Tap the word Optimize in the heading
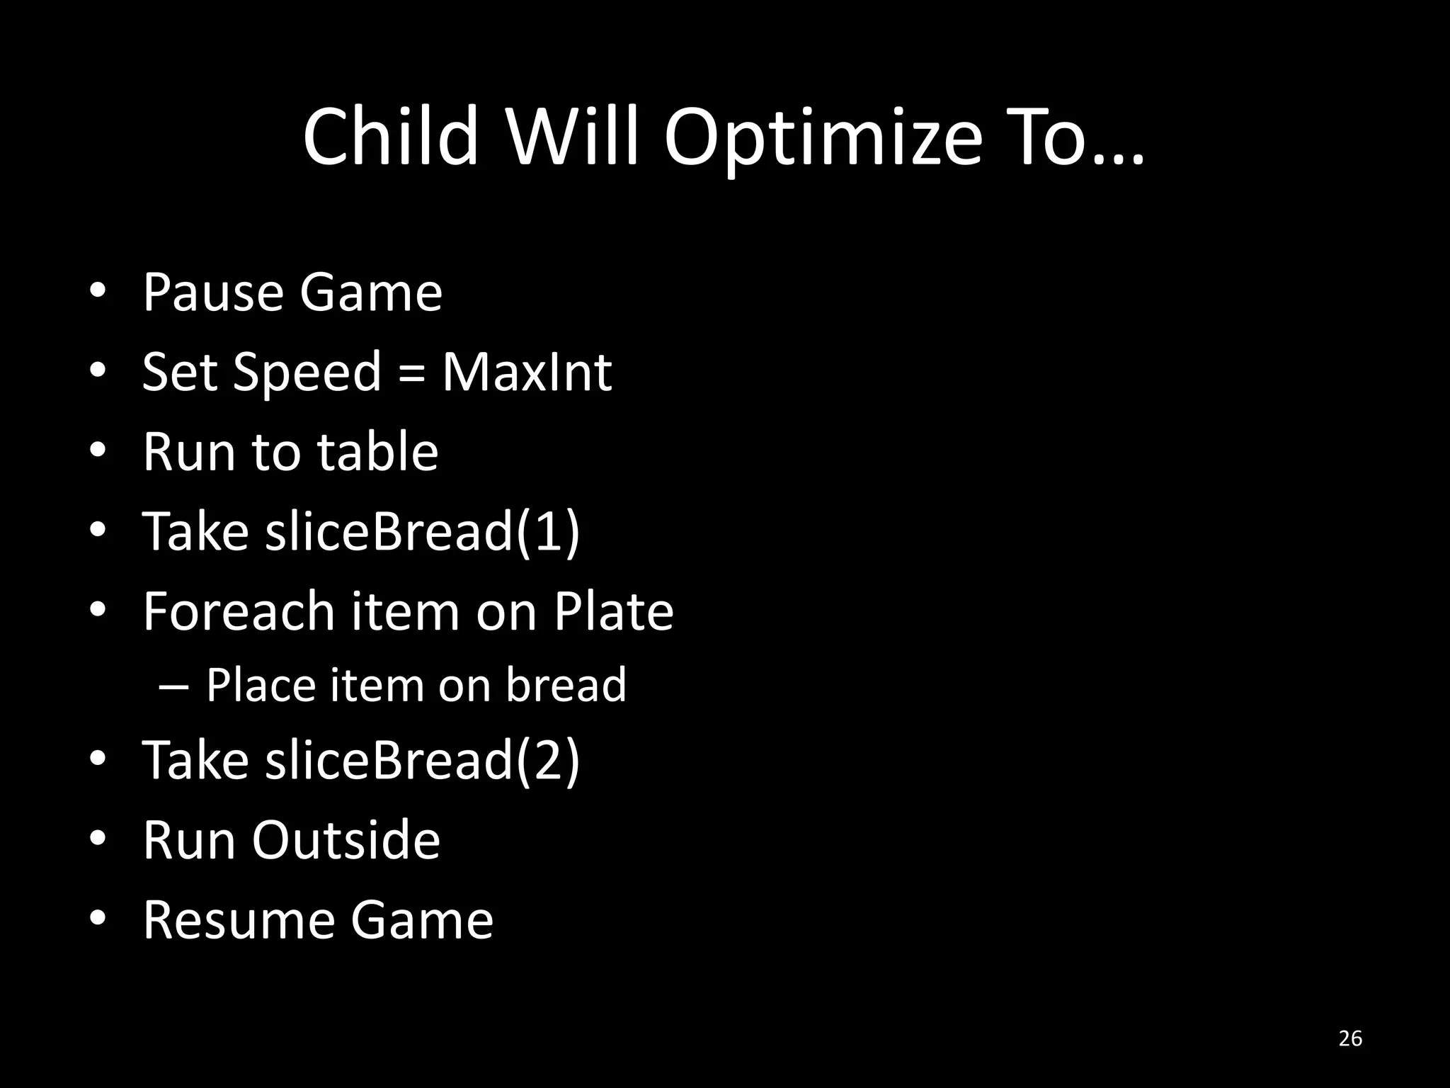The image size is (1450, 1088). [x=823, y=138]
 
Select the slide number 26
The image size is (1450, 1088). [x=1350, y=1038]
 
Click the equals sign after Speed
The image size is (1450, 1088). [x=411, y=373]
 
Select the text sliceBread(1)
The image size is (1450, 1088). [x=422, y=531]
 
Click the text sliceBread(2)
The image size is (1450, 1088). [x=422, y=760]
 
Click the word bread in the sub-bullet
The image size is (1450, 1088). [x=566, y=685]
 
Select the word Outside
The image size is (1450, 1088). [x=346, y=840]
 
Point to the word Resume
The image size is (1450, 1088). [x=238, y=920]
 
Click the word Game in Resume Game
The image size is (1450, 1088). [x=421, y=920]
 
